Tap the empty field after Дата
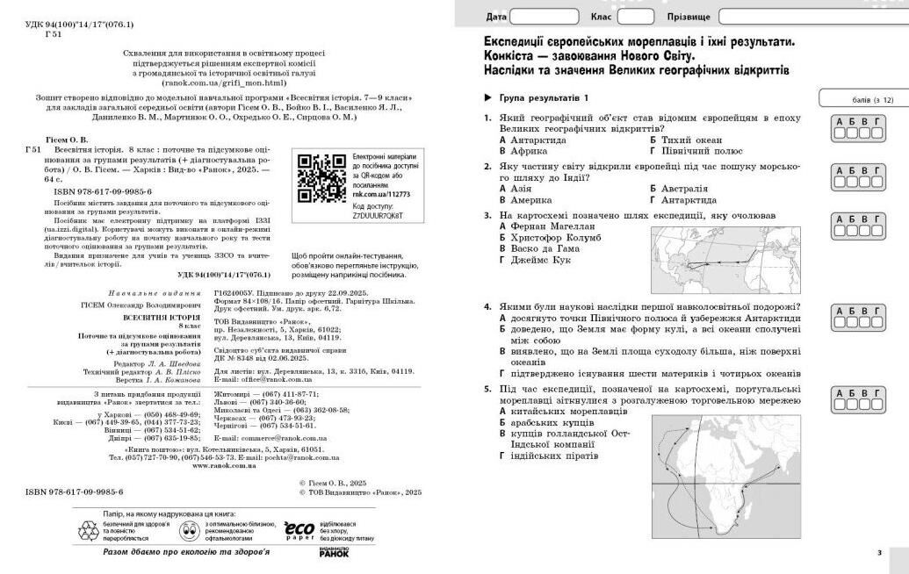pos(545,17)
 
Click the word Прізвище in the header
pos(690,17)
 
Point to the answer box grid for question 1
pos(852,128)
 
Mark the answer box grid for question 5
pos(852,400)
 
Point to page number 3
pos(879,553)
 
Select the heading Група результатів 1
pos(544,97)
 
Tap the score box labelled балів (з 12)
pos(862,98)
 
